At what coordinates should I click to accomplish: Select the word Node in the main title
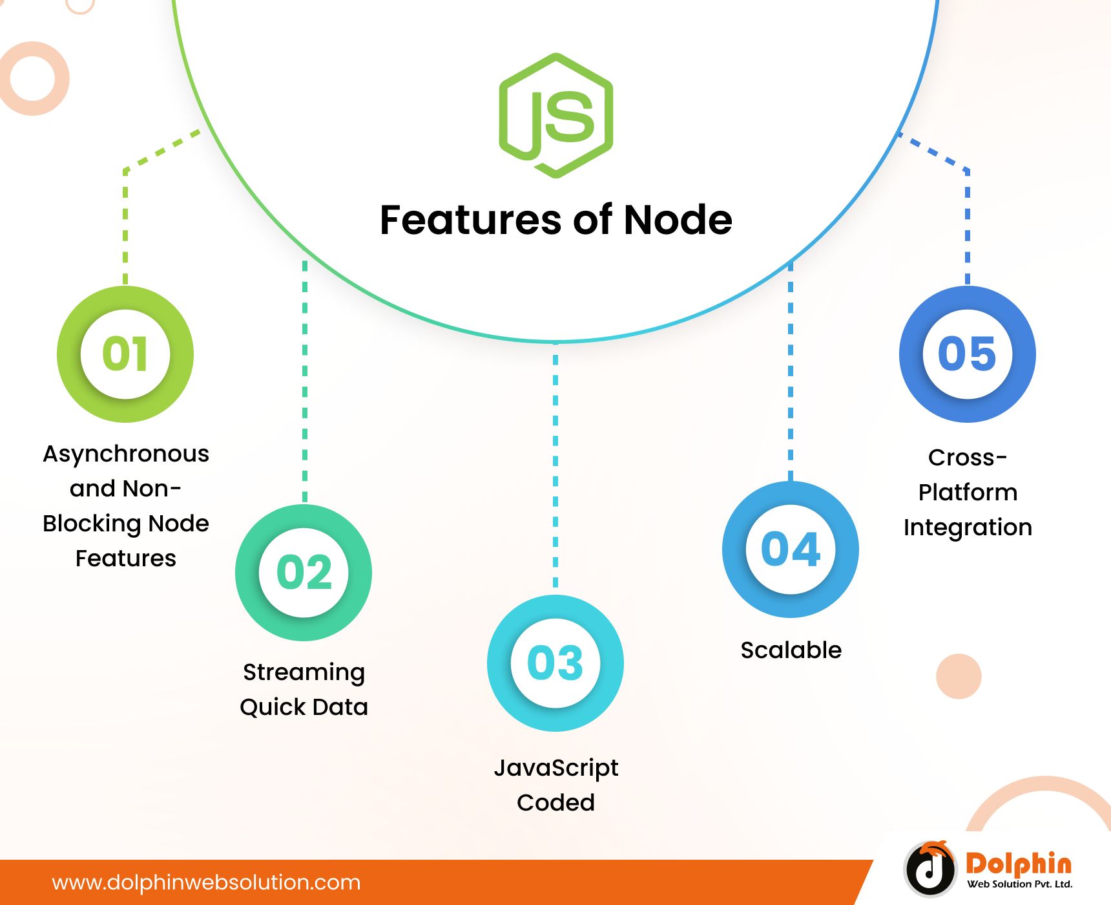[678, 220]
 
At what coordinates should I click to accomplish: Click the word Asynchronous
[126, 454]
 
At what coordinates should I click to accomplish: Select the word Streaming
[304, 673]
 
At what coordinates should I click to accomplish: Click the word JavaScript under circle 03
[556, 768]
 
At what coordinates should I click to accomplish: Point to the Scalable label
[791, 650]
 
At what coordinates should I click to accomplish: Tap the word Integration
[968, 527]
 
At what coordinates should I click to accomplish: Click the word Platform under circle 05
[968, 492]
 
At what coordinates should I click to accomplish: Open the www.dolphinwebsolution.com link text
[206, 882]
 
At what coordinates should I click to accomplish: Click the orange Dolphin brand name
[1019, 864]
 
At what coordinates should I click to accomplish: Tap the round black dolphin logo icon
[930, 869]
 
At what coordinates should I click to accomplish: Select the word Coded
[555, 802]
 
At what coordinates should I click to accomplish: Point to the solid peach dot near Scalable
[959, 676]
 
